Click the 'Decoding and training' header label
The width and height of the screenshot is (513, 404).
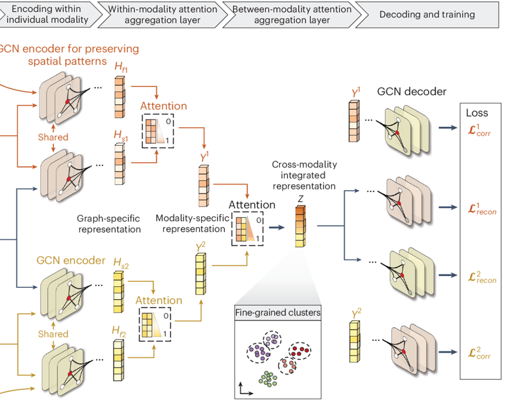point(427,14)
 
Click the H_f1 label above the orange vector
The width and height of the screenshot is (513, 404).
point(121,70)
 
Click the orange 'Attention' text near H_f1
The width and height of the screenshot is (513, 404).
point(164,106)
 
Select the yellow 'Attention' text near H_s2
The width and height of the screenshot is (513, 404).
point(159,300)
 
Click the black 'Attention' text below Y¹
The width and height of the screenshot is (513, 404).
point(252,205)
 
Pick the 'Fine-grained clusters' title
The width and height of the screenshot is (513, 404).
point(278,313)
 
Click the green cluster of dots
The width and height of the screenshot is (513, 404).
point(269,378)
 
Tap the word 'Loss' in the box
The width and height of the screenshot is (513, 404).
point(476,113)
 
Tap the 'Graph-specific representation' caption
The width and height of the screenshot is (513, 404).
point(109,223)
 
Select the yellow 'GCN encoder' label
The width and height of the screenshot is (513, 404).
point(63,260)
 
